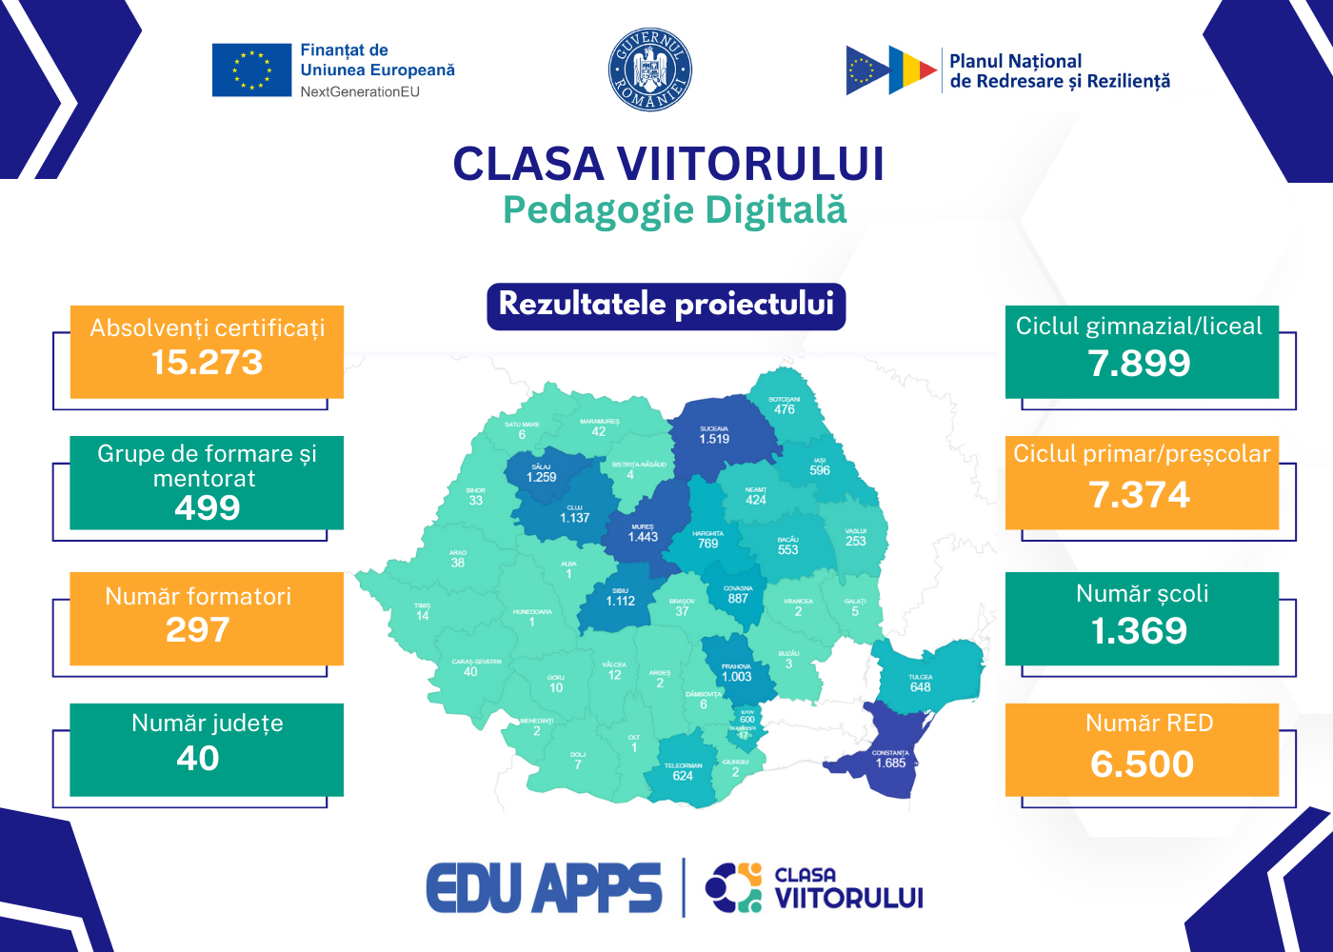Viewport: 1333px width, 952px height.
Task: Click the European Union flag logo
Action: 251,70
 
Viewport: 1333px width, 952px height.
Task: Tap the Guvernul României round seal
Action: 650,69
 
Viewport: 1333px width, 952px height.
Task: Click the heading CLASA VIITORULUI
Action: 668,164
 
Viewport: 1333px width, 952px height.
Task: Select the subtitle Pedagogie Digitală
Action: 674,210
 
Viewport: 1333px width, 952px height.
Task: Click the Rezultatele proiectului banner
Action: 666,306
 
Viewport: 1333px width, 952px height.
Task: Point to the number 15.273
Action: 207,363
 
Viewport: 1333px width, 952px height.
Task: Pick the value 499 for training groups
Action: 207,507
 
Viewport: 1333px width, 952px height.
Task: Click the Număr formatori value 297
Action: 198,630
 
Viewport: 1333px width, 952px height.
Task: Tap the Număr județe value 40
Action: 198,759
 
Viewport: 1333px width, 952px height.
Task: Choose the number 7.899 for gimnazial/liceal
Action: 1140,364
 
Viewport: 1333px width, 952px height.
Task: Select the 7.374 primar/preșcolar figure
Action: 1140,495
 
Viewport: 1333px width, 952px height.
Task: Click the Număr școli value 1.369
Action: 1140,631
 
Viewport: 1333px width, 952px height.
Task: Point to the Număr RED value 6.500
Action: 1142,764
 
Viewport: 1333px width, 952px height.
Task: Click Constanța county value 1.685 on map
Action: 891,763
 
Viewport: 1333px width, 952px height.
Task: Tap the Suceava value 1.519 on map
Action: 714,439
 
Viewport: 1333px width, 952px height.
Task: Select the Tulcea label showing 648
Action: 920,687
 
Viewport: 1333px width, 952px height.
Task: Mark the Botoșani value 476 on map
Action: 785,409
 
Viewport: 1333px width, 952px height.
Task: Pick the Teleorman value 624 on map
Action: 683,776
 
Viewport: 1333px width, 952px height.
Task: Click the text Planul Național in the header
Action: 1016,61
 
